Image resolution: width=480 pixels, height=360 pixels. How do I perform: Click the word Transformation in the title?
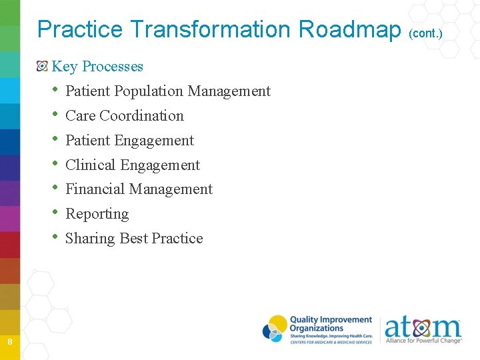211,29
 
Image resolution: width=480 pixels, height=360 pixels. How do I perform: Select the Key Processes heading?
97,66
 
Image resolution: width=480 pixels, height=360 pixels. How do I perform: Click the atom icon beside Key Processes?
43,66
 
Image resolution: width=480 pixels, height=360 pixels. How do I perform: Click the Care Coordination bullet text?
125,115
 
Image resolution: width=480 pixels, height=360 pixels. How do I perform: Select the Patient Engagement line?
129,140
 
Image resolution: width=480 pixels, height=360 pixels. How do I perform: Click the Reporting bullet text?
97,214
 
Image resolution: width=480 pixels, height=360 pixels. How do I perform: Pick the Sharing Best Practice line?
134,239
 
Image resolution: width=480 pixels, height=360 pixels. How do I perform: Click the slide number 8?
10,342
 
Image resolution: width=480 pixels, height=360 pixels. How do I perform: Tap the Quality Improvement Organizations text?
331,324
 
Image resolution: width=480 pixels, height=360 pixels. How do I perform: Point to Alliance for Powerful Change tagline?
423,341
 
